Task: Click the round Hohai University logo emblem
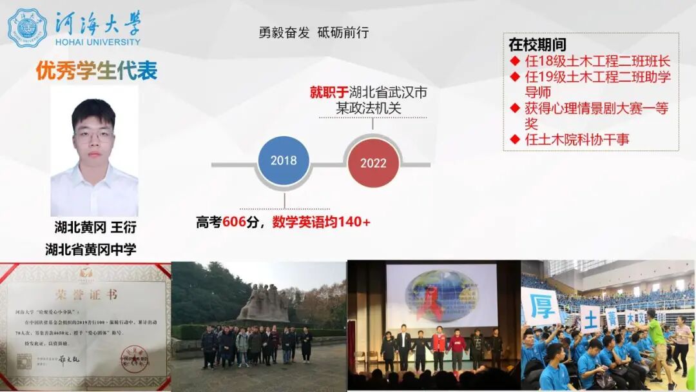(27, 28)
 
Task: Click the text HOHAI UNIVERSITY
(98, 42)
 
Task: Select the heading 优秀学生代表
(97, 70)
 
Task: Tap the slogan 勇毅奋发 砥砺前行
(314, 33)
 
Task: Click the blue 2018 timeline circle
(283, 161)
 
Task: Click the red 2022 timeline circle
(373, 163)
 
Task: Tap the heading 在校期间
(537, 45)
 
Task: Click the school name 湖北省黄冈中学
(91, 249)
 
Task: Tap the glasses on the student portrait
(93, 136)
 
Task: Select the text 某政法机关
(369, 108)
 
